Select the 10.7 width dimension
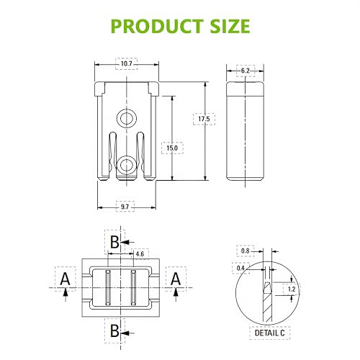(127, 65)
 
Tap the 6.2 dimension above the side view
(246, 70)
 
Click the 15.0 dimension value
(171, 148)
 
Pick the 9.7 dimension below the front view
(125, 207)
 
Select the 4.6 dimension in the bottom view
(140, 253)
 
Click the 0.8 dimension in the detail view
(246, 251)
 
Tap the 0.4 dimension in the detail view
(240, 268)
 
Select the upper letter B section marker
(114, 241)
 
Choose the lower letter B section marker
(114, 331)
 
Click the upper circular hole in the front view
(128, 117)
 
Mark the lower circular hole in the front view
(128, 165)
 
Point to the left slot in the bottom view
(106, 287)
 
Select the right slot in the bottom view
(133, 287)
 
